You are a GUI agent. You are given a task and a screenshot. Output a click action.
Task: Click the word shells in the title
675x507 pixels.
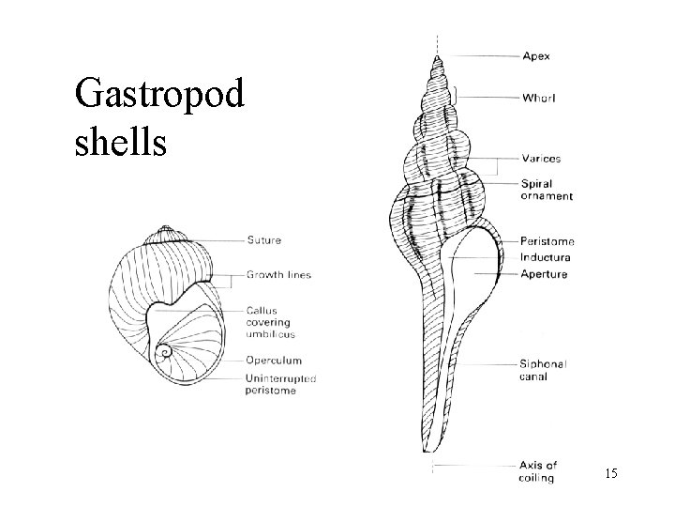coord(116,142)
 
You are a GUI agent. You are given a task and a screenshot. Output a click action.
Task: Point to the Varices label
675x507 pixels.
coord(541,159)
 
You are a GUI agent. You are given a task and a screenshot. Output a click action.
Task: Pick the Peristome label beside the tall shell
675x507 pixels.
coord(547,241)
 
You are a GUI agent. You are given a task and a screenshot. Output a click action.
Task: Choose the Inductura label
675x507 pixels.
coord(547,257)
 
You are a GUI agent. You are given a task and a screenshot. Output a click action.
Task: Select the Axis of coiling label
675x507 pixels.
coord(537,471)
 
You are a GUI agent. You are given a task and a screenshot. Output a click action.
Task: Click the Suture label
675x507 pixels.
coord(263,240)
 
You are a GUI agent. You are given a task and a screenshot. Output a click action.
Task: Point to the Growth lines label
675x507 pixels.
coord(278,275)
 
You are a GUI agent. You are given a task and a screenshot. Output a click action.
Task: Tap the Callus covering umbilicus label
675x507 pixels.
coord(269,322)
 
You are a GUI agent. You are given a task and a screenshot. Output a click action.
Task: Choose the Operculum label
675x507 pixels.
coord(273,360)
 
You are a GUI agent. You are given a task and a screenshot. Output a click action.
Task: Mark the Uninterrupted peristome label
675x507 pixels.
coord(281,384)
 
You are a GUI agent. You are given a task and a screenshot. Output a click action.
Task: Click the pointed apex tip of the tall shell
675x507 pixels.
coord(437,56)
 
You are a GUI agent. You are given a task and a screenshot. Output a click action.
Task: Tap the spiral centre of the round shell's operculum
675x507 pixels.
coord(165,354)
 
